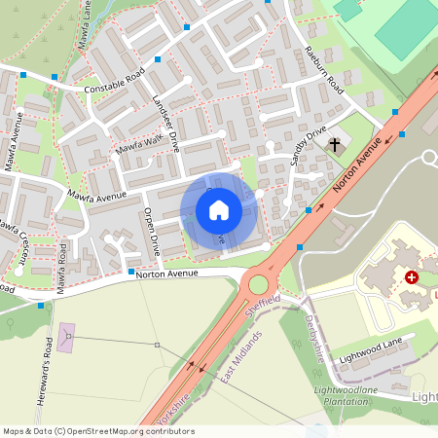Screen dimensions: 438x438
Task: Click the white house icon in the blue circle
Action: click(x=218, y=209)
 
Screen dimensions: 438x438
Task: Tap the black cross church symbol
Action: click(x=335, y=145)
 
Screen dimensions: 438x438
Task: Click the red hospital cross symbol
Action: click(x=412, y=277)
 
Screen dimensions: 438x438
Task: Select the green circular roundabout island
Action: click(x=259, y=284)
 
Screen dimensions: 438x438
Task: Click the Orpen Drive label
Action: click(x=152, y=231)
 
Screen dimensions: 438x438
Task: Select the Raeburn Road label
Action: click(x=324, y=69)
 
